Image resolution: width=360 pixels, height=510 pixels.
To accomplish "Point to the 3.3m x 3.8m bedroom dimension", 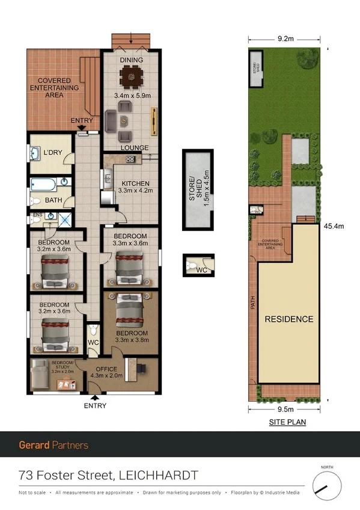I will coord(132,341).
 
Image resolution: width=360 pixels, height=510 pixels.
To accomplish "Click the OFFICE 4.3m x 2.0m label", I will coord(106,371).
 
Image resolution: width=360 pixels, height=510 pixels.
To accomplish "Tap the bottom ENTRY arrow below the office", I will coord(95,397).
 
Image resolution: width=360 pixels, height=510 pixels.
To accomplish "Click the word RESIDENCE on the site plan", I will coord(289,319).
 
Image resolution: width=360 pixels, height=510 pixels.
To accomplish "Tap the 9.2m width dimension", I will coord(285,38).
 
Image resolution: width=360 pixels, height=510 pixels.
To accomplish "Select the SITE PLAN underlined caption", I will coord(287,422).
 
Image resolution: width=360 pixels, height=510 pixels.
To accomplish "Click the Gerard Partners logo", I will coord(53,445).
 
